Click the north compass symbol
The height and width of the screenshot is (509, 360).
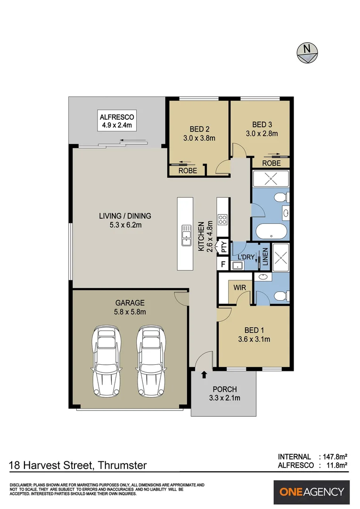click(307, 51)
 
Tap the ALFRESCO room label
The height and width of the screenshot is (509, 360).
click(117, 117)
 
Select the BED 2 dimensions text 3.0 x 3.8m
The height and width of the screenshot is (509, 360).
click(199, 138)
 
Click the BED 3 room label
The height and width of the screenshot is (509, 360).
click(262, 124)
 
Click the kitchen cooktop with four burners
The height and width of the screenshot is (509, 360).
click(222, 219)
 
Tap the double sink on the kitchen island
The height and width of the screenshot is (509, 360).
click(186, 235)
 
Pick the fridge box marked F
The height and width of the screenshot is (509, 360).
click(223, 264)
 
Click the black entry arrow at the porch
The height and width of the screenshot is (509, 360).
click(204, 375)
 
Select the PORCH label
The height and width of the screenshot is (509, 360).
click(224, 389)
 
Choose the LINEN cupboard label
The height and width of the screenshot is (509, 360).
click(265, 257)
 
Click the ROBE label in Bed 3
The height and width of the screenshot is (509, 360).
click(271, 163)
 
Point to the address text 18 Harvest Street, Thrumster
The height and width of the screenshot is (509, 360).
click(78, 466)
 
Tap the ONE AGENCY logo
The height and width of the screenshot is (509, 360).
click(312, 492)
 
